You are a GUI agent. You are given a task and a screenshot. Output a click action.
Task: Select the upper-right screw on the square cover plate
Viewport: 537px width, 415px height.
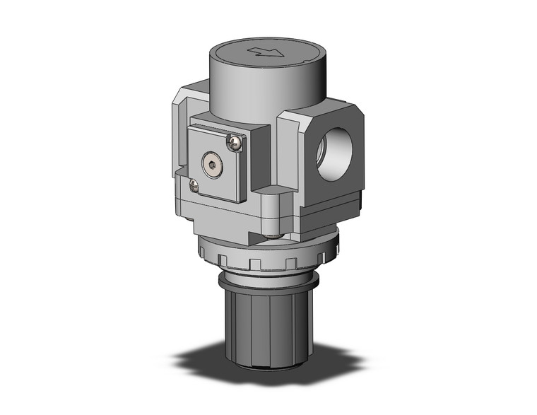point(235,144)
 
